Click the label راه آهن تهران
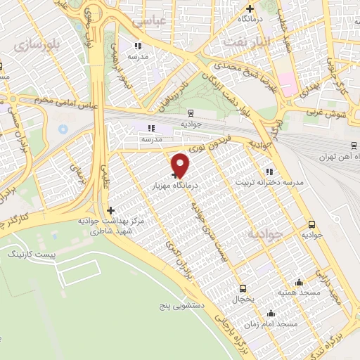click(x=333, y=156)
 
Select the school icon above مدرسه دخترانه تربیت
click(x=269, y=171)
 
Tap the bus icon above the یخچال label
click(x=243, y=288)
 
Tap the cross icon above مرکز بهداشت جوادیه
click(x=110, y=210)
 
